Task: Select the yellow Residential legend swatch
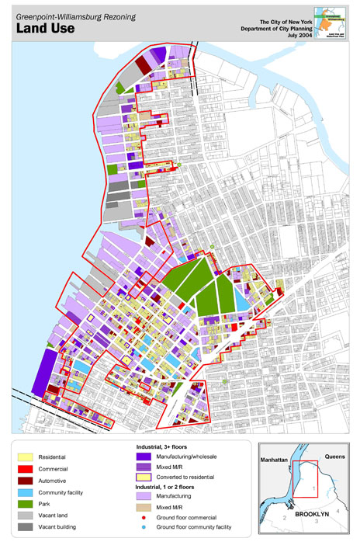(27, 457)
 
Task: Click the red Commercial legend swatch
(27, 469)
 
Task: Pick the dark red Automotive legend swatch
(27, 481)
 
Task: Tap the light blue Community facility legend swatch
(27, 492)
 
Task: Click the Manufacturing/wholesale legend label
(182, 458)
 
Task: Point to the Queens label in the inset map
(334, 458)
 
